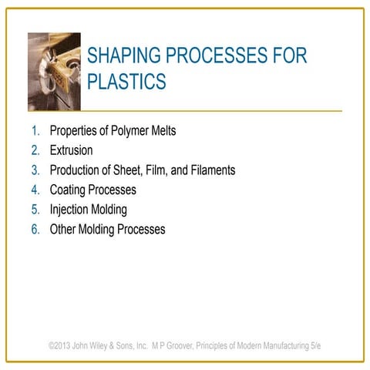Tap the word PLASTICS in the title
127,82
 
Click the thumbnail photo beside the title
54,72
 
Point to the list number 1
36,131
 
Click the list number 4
35,190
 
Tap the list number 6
35,229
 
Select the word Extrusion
71,150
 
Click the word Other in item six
64,229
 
